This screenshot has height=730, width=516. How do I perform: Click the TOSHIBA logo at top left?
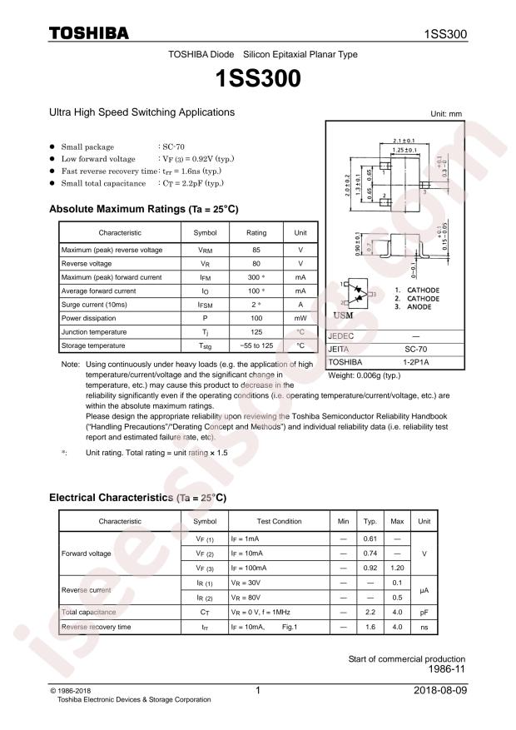click(x=89, y=33)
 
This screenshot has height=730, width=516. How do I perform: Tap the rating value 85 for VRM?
click(x=256, y=250)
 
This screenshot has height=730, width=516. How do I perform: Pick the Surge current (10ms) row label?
click(x=95, y=304)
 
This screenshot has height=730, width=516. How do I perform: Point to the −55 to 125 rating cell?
click(x=256, y=345)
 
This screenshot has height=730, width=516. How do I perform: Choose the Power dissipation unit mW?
click(x=300, y=317)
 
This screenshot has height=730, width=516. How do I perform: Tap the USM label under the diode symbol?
click(x=343, y=316)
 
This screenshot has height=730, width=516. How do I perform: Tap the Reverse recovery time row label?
click(x=96, y=626)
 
